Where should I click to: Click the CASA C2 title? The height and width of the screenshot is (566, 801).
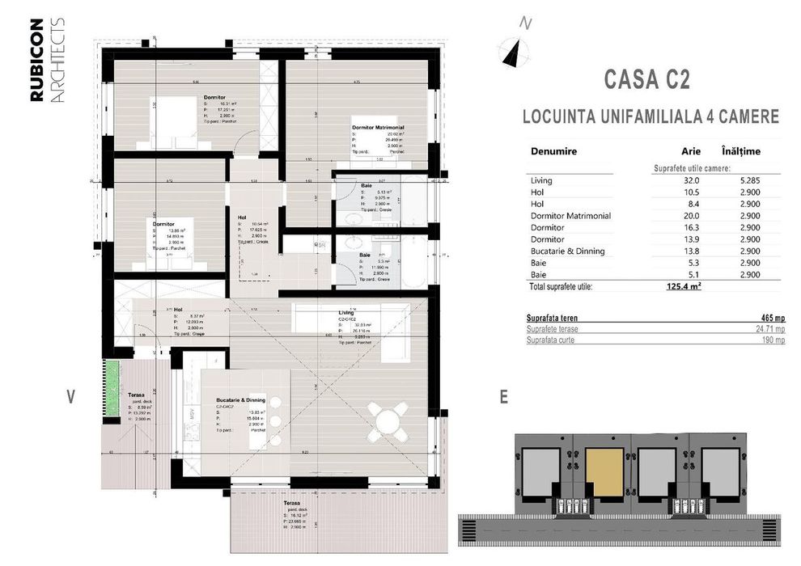tap(647, 80)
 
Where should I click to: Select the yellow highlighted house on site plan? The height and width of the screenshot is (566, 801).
tap(606, 473)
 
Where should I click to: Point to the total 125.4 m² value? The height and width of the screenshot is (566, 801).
tap(684, 286)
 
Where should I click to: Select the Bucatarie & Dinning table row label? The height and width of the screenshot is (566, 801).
tap(568, 251)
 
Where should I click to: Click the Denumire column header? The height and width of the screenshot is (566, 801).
tap(553, 151)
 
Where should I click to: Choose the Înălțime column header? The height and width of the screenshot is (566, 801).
tap(740, 151)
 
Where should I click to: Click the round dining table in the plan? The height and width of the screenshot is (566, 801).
tap(388, 420)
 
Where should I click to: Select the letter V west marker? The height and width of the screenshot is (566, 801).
tap(72, 396)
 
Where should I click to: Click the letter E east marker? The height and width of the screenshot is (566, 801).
tap(504, 397)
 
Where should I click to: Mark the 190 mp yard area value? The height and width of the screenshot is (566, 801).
tap(773, 341)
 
